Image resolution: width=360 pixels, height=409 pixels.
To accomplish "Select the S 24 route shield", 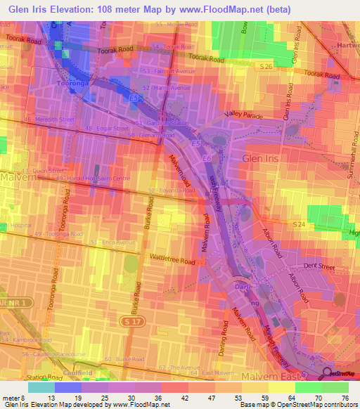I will pos(299,223).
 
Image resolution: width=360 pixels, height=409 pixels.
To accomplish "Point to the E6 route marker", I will pos(207,160).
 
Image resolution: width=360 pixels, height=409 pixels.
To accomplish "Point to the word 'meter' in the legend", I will pos(10,397).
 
